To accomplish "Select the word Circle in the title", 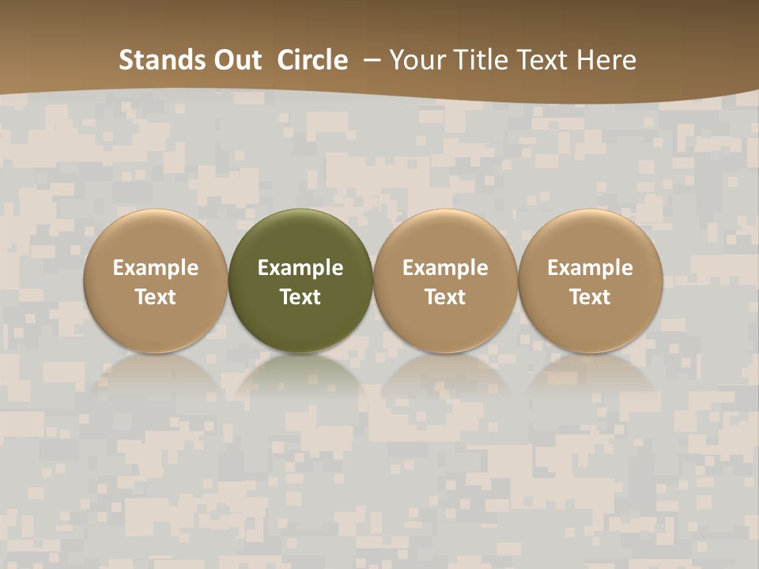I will [x=312, y=60].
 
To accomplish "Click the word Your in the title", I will [x=416, y=60].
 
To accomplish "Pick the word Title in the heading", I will [x=477, y=60].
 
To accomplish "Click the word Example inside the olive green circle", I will [x=300, y=268].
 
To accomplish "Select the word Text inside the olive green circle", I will [x=300, y=297].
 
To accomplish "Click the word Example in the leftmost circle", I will [x=156, y=268].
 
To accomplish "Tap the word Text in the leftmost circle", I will [x=156, y=297].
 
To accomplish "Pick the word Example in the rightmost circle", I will [x=590, y=268].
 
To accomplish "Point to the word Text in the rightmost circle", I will [x=590, y=297].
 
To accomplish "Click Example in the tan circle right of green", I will [x=445, y=268].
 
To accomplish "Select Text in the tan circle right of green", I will [x=445, y=297].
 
